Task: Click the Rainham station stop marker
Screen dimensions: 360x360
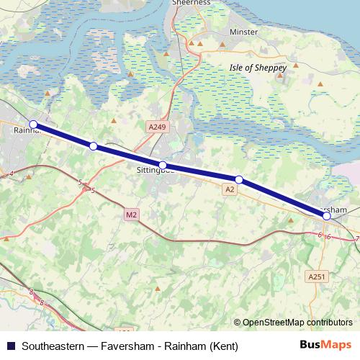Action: tap(33, 124)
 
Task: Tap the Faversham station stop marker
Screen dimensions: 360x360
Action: tap(327, 215)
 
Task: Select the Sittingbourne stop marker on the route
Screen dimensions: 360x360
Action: tap(163, 165)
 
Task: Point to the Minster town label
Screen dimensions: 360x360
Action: tap(243, 32)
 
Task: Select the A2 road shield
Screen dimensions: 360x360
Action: tap(230, 189)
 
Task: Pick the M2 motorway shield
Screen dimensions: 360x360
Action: tap(130, 215)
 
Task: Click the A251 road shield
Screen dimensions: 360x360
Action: tap(315, 276)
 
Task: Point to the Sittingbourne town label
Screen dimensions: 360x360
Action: tap(156, 172)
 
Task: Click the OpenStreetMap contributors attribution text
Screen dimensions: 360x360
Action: tap(297, 322)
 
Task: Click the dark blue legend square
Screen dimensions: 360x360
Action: tap(9, 346)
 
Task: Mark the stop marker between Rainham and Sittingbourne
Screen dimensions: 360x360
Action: tap(94, 146)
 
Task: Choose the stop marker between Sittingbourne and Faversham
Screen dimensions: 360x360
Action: tap(239, 179)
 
